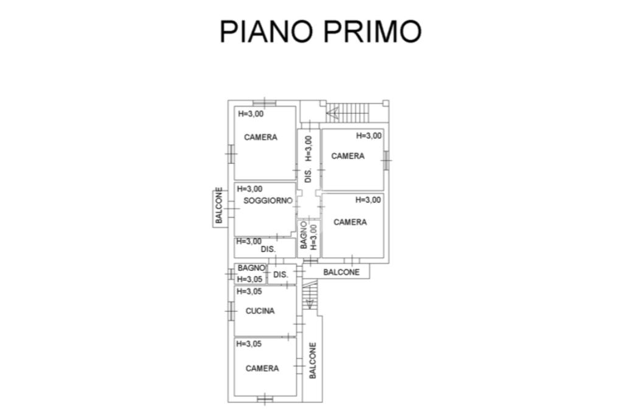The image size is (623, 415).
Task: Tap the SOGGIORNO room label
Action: [268, 200]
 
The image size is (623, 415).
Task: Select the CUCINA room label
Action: [260, 311]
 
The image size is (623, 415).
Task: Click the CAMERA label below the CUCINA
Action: [262, 368]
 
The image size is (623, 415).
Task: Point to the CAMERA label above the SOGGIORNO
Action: [260, 138]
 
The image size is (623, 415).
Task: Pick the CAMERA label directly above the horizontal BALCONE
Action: [350, 222]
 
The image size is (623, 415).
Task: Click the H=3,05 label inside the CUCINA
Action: [249, 291]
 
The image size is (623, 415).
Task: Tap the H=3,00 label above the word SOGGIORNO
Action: [249, 189]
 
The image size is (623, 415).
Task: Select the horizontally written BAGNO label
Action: [251, 268]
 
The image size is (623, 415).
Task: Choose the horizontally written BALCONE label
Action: [341, 272]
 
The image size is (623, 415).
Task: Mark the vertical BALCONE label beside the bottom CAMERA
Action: [313, 361]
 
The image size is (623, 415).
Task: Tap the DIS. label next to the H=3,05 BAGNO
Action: [280, 275]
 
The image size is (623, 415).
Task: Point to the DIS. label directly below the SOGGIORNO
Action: [268, 249]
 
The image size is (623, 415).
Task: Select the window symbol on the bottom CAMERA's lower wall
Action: [265, 399]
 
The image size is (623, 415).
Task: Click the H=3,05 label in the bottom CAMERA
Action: [249, 343]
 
